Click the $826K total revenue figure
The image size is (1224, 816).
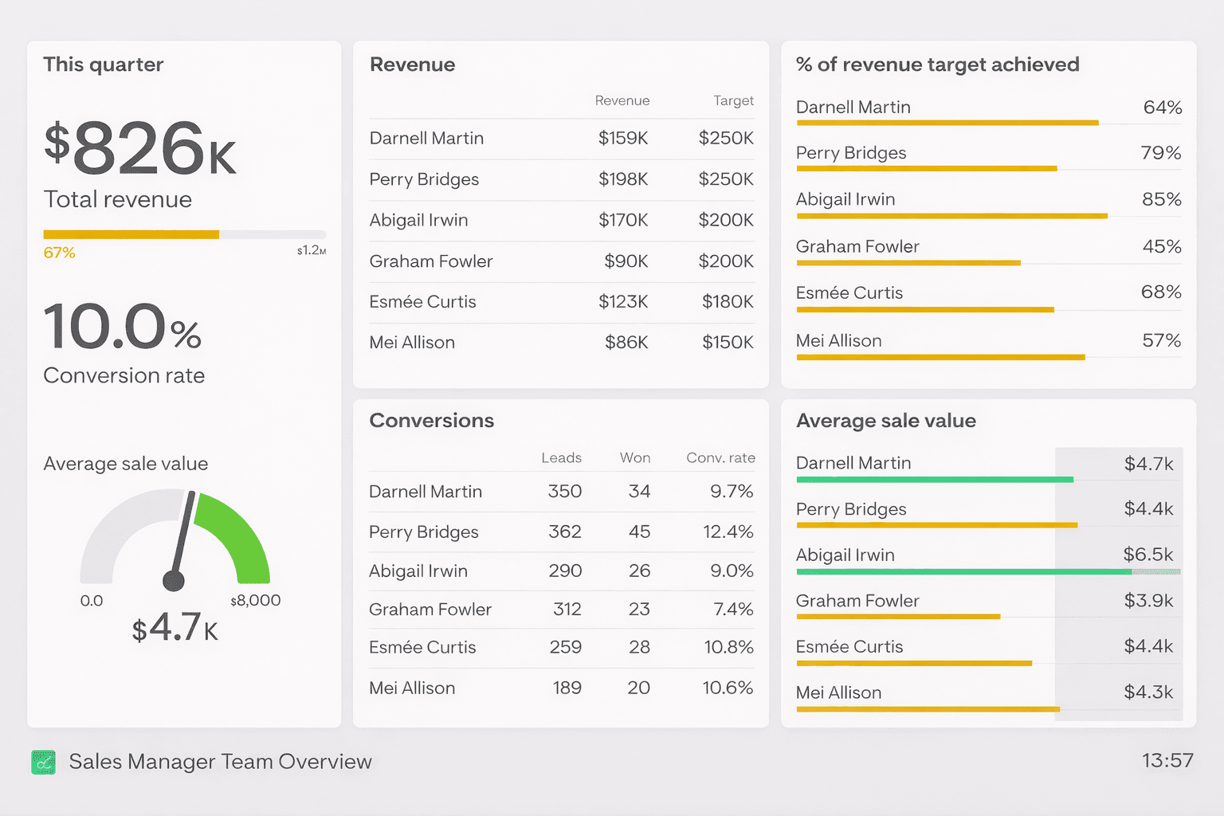point(140,148)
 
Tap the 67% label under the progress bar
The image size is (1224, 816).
point(59,253)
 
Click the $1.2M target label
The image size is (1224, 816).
point(312,250)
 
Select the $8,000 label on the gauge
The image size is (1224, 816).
point(256,601)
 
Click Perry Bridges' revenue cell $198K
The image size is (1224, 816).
point(623,179)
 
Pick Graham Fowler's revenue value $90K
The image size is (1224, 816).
point(626,261)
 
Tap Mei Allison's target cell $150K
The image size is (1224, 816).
point(728,343)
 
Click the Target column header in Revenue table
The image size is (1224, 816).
point(733,101)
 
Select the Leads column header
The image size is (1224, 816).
point(561,458)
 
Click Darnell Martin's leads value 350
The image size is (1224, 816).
point(564,492)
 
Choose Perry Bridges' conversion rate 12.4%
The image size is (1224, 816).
point(728,532)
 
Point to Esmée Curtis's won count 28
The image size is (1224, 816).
point(639,647)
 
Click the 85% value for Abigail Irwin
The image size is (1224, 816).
point(1161,199)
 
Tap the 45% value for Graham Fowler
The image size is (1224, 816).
point(1161,247)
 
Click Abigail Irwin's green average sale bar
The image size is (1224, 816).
point(964,572)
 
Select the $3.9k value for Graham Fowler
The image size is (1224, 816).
point(1148,601)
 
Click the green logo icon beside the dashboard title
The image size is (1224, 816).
point(44,763)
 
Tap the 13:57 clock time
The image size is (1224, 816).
point(1167,761)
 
